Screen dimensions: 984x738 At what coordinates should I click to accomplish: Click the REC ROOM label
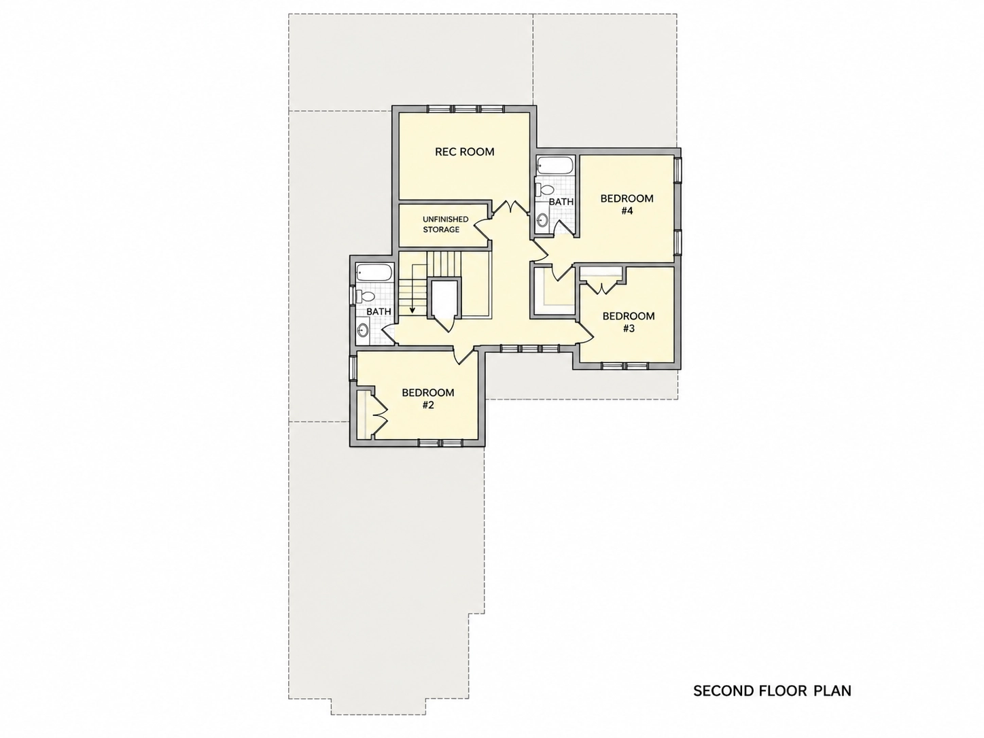(x=464, y=152)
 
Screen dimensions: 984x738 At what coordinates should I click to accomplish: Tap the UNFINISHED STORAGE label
(x=445, y=224)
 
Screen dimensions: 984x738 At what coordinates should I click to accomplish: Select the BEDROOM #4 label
(x=627, y=205)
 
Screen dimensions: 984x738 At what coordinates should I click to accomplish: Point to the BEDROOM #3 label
(x=629, y=322)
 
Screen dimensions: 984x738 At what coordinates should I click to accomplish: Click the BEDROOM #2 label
(x=427, y=399)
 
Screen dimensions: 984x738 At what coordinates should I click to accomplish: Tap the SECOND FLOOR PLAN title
(x=772, y=690)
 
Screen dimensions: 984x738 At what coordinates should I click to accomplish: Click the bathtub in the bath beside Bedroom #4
(x=555, y=165)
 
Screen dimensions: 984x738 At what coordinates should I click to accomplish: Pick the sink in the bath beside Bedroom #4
(x=543, y=220)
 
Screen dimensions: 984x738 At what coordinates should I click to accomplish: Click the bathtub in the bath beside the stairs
(x=374, y=273)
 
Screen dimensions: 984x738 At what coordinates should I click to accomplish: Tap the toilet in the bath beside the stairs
(x=366, y=296)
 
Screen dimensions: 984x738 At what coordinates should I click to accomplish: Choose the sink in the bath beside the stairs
(x=362, y=331)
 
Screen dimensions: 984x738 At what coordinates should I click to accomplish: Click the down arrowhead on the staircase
(x=412, y=310)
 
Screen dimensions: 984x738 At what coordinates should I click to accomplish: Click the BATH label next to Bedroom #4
(x=561, y=202)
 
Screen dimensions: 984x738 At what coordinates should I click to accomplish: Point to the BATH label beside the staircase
(x=379, y=311)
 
